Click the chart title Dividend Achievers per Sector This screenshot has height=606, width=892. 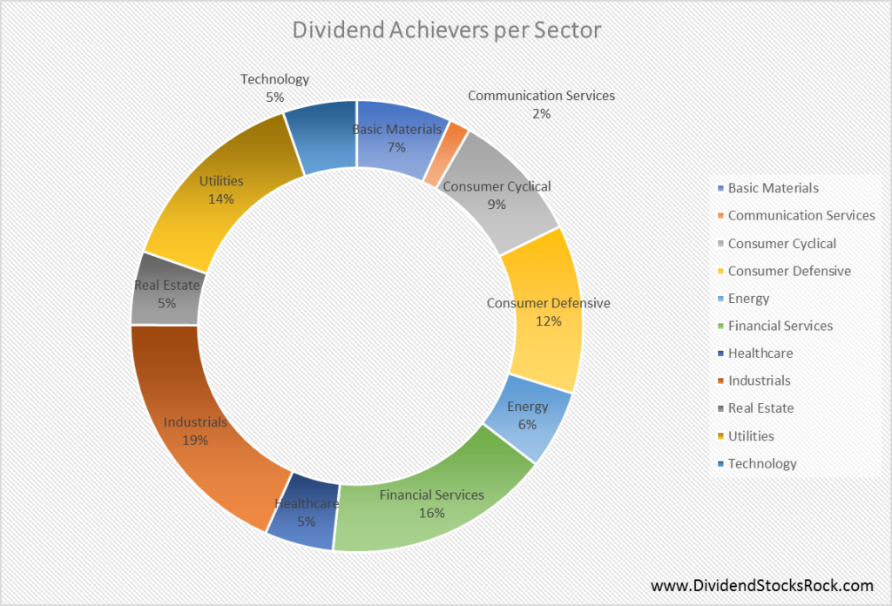(x=445, y=30)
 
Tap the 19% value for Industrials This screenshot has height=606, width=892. (x=195, y=440)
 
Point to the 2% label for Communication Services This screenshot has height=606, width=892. (x=541, y=113)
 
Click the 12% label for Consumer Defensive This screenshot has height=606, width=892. (x=548, y=320)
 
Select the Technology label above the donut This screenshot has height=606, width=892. (x=274, y=79)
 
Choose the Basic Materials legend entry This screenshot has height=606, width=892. (x=773, y=187)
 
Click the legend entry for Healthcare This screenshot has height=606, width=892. (x=760, y=353)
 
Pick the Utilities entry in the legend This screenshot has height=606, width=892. (x=751, y=435)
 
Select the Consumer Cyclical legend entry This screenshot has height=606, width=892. (x=781, y=243)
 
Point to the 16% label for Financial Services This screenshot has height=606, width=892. (x=431, y=513)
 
